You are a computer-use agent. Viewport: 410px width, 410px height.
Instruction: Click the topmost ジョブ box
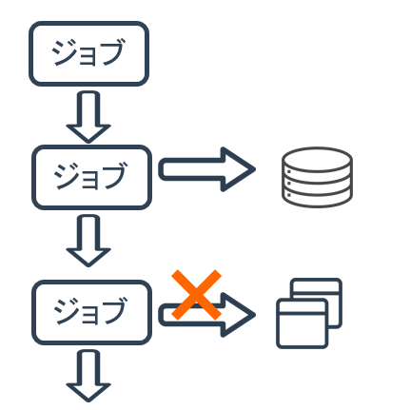[x=88, y=53]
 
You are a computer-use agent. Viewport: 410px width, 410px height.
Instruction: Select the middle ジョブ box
[x=91, y=177]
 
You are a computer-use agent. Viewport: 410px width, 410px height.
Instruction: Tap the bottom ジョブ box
[x=91, y=312]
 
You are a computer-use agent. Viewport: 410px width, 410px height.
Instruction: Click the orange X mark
[x=196, y=295]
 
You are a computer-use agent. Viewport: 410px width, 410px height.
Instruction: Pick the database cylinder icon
[x=317, y=177]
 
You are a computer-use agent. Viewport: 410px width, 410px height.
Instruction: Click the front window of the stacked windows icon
[x=303, y=323]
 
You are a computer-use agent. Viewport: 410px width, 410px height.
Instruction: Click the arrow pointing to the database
[x=206, y=169]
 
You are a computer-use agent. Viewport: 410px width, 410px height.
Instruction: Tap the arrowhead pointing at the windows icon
[x=239, y=315]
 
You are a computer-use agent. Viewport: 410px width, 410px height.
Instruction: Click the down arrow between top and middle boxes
[x=88, y=117]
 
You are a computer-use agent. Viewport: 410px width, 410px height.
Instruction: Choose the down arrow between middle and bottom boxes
[x=88, y=241]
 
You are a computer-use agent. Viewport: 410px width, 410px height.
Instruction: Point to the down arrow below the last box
[x=88, y=376]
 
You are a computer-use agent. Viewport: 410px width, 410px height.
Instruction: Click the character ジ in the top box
[x=64, y=52]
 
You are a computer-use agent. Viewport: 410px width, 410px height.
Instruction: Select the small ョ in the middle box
[x=89, y=180]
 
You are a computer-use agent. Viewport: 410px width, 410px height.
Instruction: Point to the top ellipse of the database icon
[x=317, y=159]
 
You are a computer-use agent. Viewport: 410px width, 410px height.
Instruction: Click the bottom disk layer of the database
[x=317, y=199]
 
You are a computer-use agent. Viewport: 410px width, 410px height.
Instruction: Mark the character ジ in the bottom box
[x=67, y=311]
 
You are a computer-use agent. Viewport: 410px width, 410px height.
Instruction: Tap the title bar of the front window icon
[x=303, y=306]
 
